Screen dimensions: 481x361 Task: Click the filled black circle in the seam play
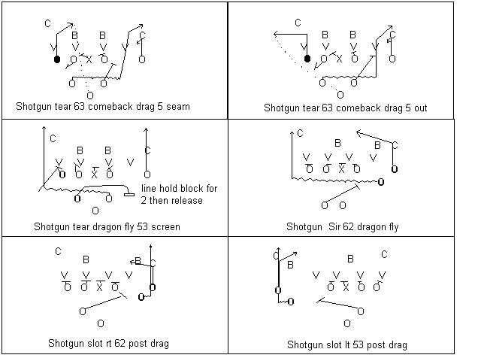(57, 59)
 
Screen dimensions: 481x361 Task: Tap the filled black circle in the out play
(307, 59)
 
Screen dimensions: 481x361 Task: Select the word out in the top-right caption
(421, 108)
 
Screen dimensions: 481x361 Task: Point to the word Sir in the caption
(334, 226)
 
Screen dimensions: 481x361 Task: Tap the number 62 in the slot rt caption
(120, 343)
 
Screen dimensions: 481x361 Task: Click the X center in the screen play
(95, 174)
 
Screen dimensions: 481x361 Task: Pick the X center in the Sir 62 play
(341, 168)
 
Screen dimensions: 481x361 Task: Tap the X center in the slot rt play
(99, 287)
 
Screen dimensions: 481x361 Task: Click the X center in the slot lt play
(346, 287)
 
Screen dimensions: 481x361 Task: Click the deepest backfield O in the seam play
(90, 96)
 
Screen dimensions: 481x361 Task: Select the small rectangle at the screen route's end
(129, 194)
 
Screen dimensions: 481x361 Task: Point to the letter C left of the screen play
(53, 138)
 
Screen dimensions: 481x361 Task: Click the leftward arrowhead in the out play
(276, 34)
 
